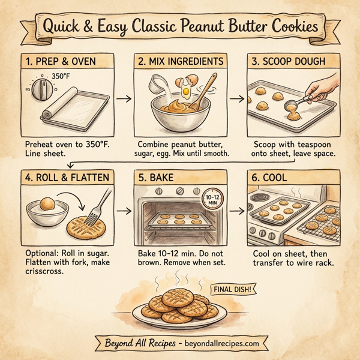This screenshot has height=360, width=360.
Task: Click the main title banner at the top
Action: click(180, 26)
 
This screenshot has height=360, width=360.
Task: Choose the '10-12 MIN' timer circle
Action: click(210, 200)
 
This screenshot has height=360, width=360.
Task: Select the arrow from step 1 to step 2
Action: click(123, 99)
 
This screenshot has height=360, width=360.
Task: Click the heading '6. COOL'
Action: click(272, 177)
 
